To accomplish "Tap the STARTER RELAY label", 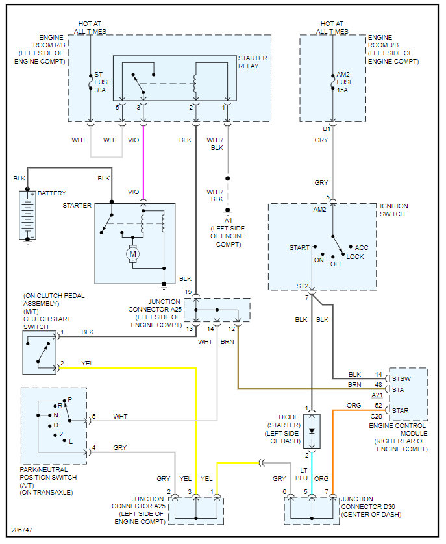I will point(252,62).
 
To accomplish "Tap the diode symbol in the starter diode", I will point(312,430).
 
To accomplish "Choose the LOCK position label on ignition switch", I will point(355,256).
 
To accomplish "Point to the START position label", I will point(299,247).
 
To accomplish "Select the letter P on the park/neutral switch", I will point(69,399).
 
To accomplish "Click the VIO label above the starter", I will point(133,192).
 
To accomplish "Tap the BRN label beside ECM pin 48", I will point(354,384).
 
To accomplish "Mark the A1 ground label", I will point(227,219).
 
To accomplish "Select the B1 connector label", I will point(327,129).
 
